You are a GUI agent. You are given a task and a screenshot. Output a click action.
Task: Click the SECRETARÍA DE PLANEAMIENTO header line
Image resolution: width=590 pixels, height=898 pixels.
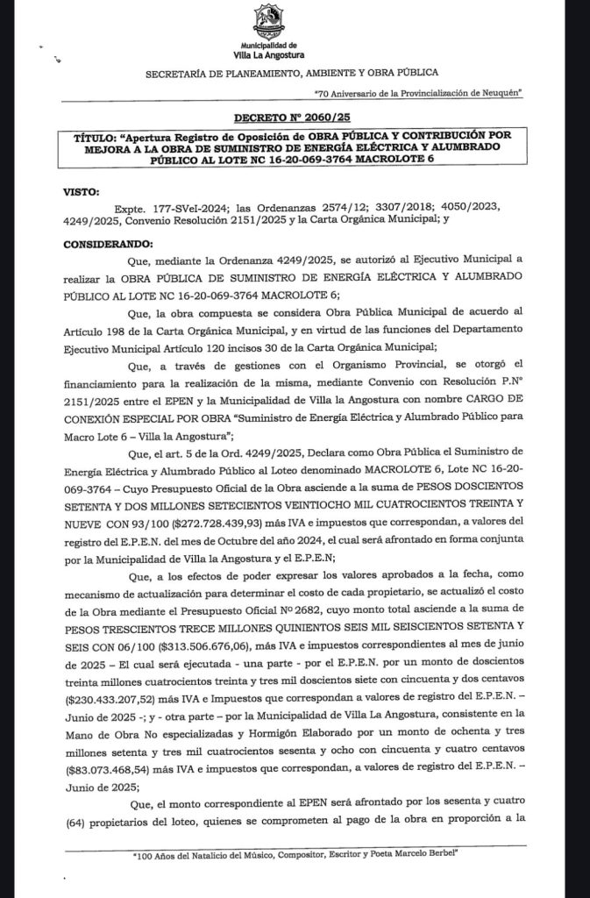(292, 73)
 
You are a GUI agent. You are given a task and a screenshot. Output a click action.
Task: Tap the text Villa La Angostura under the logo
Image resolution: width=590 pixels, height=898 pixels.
(273, 53)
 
